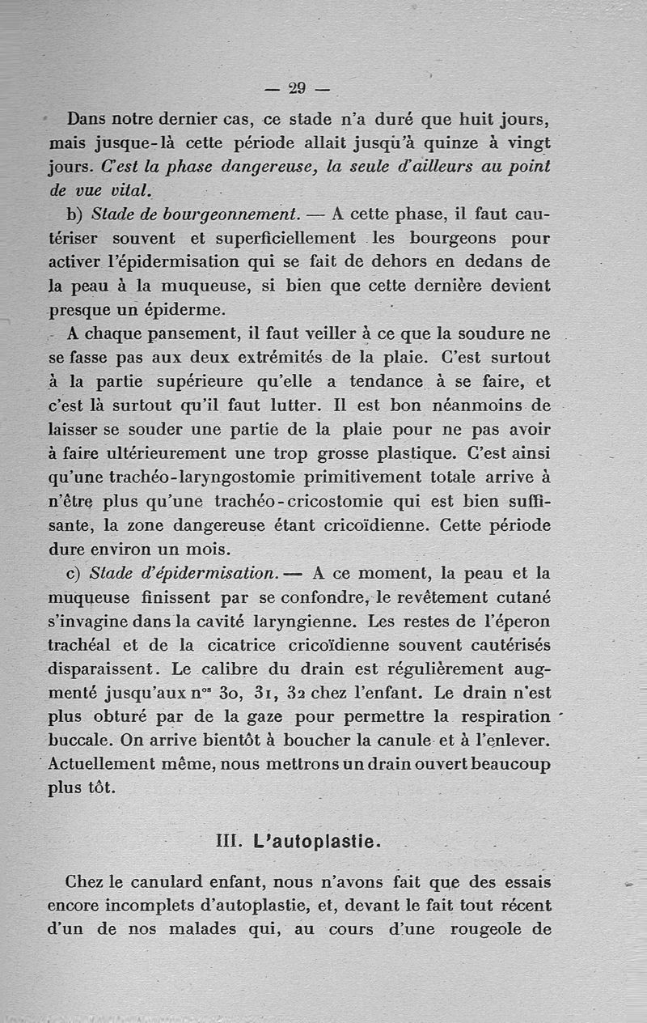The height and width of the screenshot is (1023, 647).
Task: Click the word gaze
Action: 264,718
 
